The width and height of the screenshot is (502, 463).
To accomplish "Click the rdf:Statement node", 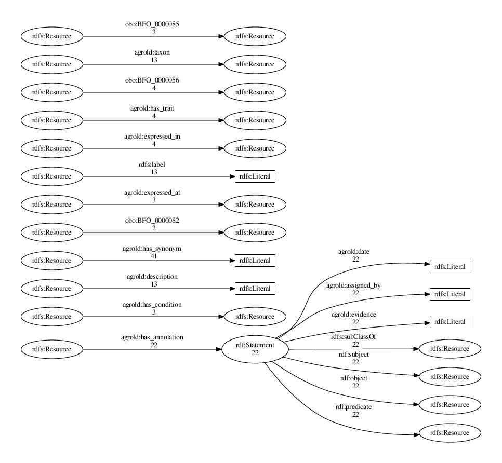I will pos(255,349).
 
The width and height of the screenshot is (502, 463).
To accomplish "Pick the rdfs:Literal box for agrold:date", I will pos(450,267).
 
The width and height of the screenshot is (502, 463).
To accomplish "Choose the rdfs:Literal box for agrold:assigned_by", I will pos(450,294).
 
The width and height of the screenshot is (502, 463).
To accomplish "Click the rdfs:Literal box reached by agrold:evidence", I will pos(450,322).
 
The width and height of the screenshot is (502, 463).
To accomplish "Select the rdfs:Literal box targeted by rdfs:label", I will pos(255,176).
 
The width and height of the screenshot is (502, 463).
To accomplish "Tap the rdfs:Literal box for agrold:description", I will pos(255,289).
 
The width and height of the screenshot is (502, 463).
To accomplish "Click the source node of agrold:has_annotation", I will pos(51,349).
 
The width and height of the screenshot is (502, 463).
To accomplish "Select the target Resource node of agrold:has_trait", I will pos(255,120).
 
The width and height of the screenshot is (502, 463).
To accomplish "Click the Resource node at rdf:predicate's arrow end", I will pos(450,433).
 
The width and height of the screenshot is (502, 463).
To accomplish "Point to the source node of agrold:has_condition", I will pos(51,317).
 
